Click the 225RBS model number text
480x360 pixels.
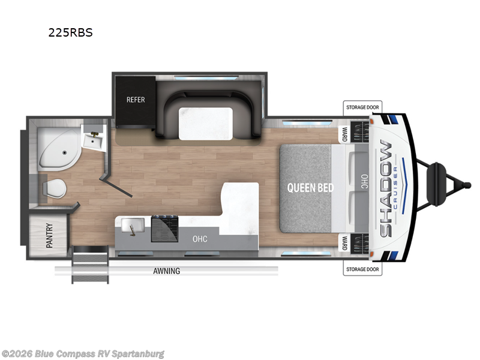70,32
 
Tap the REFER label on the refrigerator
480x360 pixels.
136,100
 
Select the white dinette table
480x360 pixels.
206,124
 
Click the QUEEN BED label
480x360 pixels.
310,188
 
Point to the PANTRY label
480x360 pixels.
49,235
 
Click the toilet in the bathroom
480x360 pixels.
55,188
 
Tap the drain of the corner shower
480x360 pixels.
64,152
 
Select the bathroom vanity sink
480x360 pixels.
94,141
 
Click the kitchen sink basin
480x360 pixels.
133,226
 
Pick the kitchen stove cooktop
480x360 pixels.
164,229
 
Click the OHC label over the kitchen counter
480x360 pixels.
200,239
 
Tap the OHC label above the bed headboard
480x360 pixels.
364,182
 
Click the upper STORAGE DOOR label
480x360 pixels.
362,107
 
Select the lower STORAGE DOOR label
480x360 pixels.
362,269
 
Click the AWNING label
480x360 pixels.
167,271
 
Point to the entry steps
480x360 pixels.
90,265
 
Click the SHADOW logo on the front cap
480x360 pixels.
386,188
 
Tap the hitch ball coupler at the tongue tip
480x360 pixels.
467,185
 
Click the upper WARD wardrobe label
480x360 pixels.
344,134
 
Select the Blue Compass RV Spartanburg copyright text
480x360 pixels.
83,354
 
